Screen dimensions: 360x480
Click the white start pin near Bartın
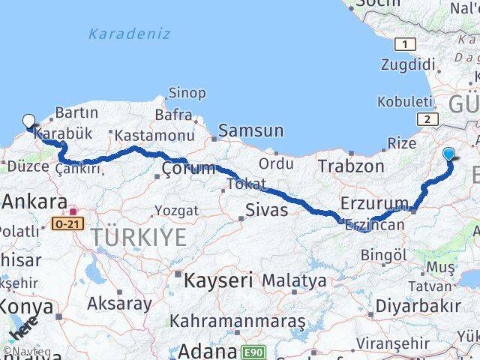pyautogui.click(x=29, y=121)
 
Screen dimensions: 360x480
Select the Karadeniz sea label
pyautogui.click(x=129, y=34)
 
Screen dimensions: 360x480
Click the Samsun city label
pyautogui.click(x=251, y=131)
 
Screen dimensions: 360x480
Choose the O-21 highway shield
pyautogui.click(x=65, y=223)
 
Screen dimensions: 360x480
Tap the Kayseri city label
pyautogui.click(x=217, y=280)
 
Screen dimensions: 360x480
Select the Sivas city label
pyautogui.click(x=266, y=210)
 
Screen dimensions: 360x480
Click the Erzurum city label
pyautogui.click(x=374, y=202)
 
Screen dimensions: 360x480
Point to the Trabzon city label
pyautogui.click(x=351, y=166)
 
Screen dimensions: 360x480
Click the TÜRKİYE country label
pyautogui.click(x=139, y=238)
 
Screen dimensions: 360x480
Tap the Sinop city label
pyautogui.click(x=187, y=93)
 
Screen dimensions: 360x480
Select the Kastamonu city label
pyautogui.click(x=145, y=136)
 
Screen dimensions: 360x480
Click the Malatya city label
pyautogui.click(x=294, y=281)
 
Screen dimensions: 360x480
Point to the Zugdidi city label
pyautogui.click(x=403, y=65)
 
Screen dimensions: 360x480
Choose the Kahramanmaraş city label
pyautogui.click(x=238, y=321)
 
